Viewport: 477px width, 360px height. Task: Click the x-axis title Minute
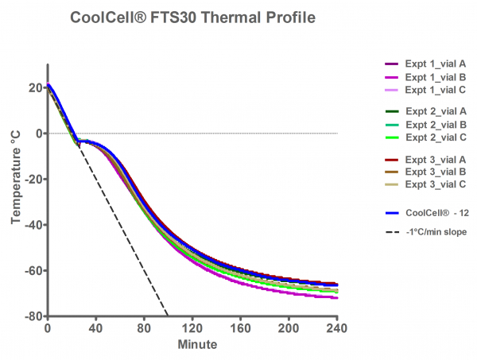pos(192,345)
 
